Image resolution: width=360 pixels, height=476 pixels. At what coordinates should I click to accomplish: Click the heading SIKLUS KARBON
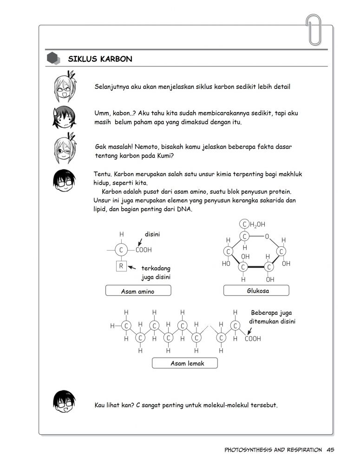point(100,59)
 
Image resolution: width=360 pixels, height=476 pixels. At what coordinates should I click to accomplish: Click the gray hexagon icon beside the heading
point(53,59)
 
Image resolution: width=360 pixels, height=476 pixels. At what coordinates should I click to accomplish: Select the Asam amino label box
point(138,291)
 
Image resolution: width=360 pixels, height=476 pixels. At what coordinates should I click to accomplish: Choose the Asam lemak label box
point(184,363)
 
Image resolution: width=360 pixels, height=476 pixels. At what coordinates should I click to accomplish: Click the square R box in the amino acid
point(121,266)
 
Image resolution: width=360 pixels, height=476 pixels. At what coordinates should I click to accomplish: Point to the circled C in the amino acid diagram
point(121,250)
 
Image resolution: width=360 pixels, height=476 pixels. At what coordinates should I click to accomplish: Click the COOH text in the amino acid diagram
point(144,250)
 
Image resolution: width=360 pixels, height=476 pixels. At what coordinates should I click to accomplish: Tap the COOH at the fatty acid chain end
point(253,339)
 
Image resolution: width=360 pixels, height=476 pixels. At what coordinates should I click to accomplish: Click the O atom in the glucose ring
point(267,237)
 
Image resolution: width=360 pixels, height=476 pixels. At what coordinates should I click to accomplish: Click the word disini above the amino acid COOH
point(152,234)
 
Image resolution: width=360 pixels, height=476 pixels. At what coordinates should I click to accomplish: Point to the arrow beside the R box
point(132,267)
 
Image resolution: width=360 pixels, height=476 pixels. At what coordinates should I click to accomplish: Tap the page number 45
point(331,450)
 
